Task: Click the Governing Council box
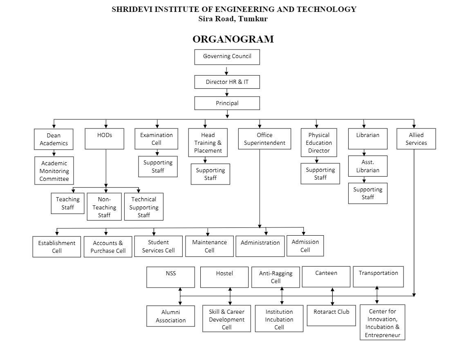227,57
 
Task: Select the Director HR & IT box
227,82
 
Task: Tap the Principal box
227,103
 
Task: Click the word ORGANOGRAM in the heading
233,39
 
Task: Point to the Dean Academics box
54,139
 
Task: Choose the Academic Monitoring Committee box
54,171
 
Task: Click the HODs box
104,139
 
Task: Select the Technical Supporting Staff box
143,207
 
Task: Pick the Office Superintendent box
264,139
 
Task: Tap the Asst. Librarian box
367,166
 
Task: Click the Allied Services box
416,139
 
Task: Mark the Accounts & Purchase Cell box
108,247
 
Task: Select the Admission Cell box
305,246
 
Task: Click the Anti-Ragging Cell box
276,277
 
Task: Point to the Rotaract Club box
331,315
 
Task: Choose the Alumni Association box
170,316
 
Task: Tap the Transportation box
378,277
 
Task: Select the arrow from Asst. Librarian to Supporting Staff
364,180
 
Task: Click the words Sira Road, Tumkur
233,18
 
